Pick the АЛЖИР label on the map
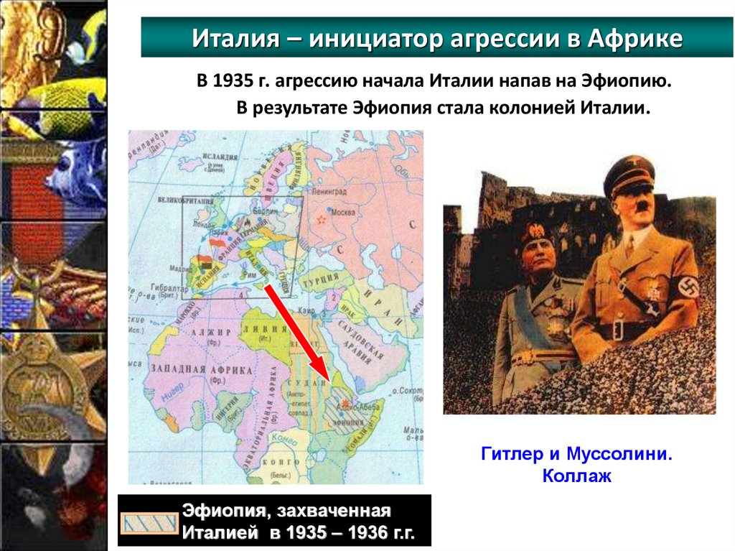tap(210, 333)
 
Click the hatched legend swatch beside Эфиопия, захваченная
tap(149, 523)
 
